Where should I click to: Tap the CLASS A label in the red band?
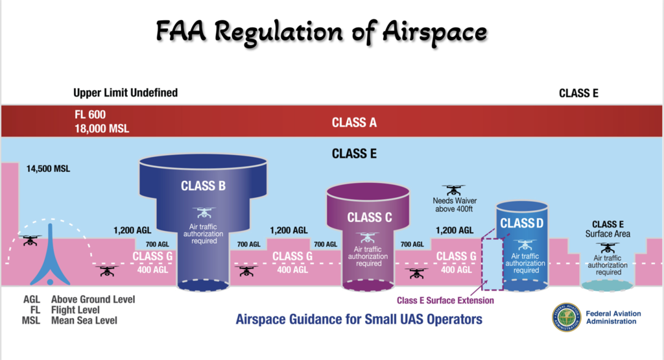tap(354, 123)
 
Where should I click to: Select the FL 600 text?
tap(90, 114)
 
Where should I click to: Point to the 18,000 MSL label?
tap(102, 128)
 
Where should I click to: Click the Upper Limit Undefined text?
tap(125, 92)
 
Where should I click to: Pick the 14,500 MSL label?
tap(48, 169)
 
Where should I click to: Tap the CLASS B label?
tap(203, 186)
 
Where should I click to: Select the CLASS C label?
tap(369, 217)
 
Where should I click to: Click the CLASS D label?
tap(522, 223)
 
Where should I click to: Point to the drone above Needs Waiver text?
tap(453, 190)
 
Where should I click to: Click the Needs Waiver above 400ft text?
tap(455, 204)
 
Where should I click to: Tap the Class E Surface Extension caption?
tap(445, 300)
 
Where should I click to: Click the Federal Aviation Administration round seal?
tap(567, 317)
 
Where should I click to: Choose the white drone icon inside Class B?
tap(204, 212)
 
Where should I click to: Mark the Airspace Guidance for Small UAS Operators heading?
tap(359, 319)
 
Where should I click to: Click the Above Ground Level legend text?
tap(93, 300)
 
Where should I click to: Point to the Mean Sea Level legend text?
tap(84, 320)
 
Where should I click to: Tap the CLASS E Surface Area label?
tap(608, 229)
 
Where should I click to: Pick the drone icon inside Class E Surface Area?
tap(608, 247)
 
